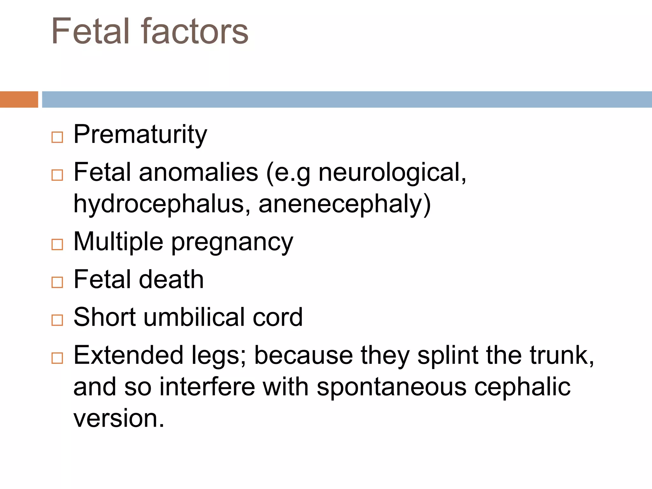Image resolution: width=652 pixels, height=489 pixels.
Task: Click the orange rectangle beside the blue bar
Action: (x=19, y=99)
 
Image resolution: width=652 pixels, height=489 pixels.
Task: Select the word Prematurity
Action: (x=140, y=134)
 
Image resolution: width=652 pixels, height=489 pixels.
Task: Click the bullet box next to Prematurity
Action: (x=57, y=137)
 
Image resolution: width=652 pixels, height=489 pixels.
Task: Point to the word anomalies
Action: (x=198, y=172)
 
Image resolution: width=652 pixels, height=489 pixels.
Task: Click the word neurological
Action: (x=392, y=173)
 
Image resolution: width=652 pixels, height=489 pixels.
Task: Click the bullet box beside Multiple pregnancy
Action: (x=57, y=244)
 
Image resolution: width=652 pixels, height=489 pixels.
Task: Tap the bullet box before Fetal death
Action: (x=57, y=282)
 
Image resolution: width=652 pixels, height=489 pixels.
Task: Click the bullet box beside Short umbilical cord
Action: (x=57, y=320)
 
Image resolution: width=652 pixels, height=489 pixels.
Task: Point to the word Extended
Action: (x=128, y=355)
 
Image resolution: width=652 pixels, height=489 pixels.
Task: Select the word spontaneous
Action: (x=391, y=387)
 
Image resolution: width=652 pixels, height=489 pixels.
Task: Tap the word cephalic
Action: (x=522, y=387)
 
